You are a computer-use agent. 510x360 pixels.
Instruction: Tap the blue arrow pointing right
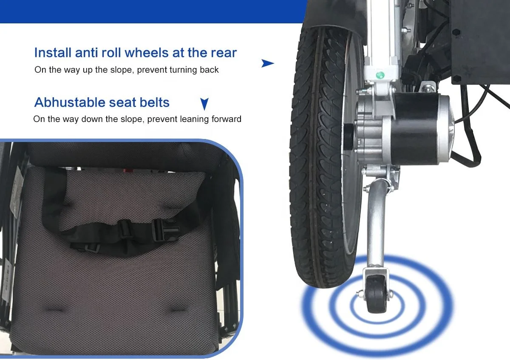pos(267,64)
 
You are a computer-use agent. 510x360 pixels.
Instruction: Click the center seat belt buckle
pos(125,230)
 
